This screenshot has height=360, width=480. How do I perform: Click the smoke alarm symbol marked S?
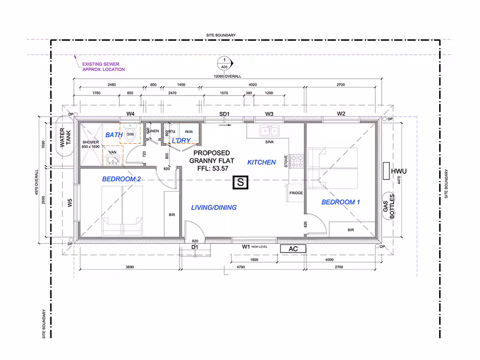coord(240,182)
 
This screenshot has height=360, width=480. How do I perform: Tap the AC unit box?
coord(293,249)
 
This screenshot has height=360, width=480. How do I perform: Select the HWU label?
coord(398,171)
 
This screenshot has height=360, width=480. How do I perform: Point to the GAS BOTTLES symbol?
coord(389,206)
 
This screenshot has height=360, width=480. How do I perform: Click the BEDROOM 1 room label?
coord(341,202)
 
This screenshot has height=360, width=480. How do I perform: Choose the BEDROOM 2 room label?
coord(121,179)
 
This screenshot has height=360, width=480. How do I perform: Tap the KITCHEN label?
coord(262,162)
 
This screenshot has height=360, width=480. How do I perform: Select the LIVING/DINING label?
coord(214,207)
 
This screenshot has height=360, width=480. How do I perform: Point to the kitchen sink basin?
coord(269,131)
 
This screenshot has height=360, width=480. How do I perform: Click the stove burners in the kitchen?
coord(296,161)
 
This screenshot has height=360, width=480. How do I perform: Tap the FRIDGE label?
coord(296,193)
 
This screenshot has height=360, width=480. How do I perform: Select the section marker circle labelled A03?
coord(225,63)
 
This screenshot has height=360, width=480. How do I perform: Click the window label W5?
coord(70,203)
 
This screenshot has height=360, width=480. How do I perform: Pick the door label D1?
coord(195,247)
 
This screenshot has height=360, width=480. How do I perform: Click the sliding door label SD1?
coord(224,114)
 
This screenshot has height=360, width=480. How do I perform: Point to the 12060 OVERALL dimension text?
coord(228,76)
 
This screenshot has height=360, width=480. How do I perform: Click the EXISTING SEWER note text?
coord(104,67)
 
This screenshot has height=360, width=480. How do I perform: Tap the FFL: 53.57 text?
coord(213,168)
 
